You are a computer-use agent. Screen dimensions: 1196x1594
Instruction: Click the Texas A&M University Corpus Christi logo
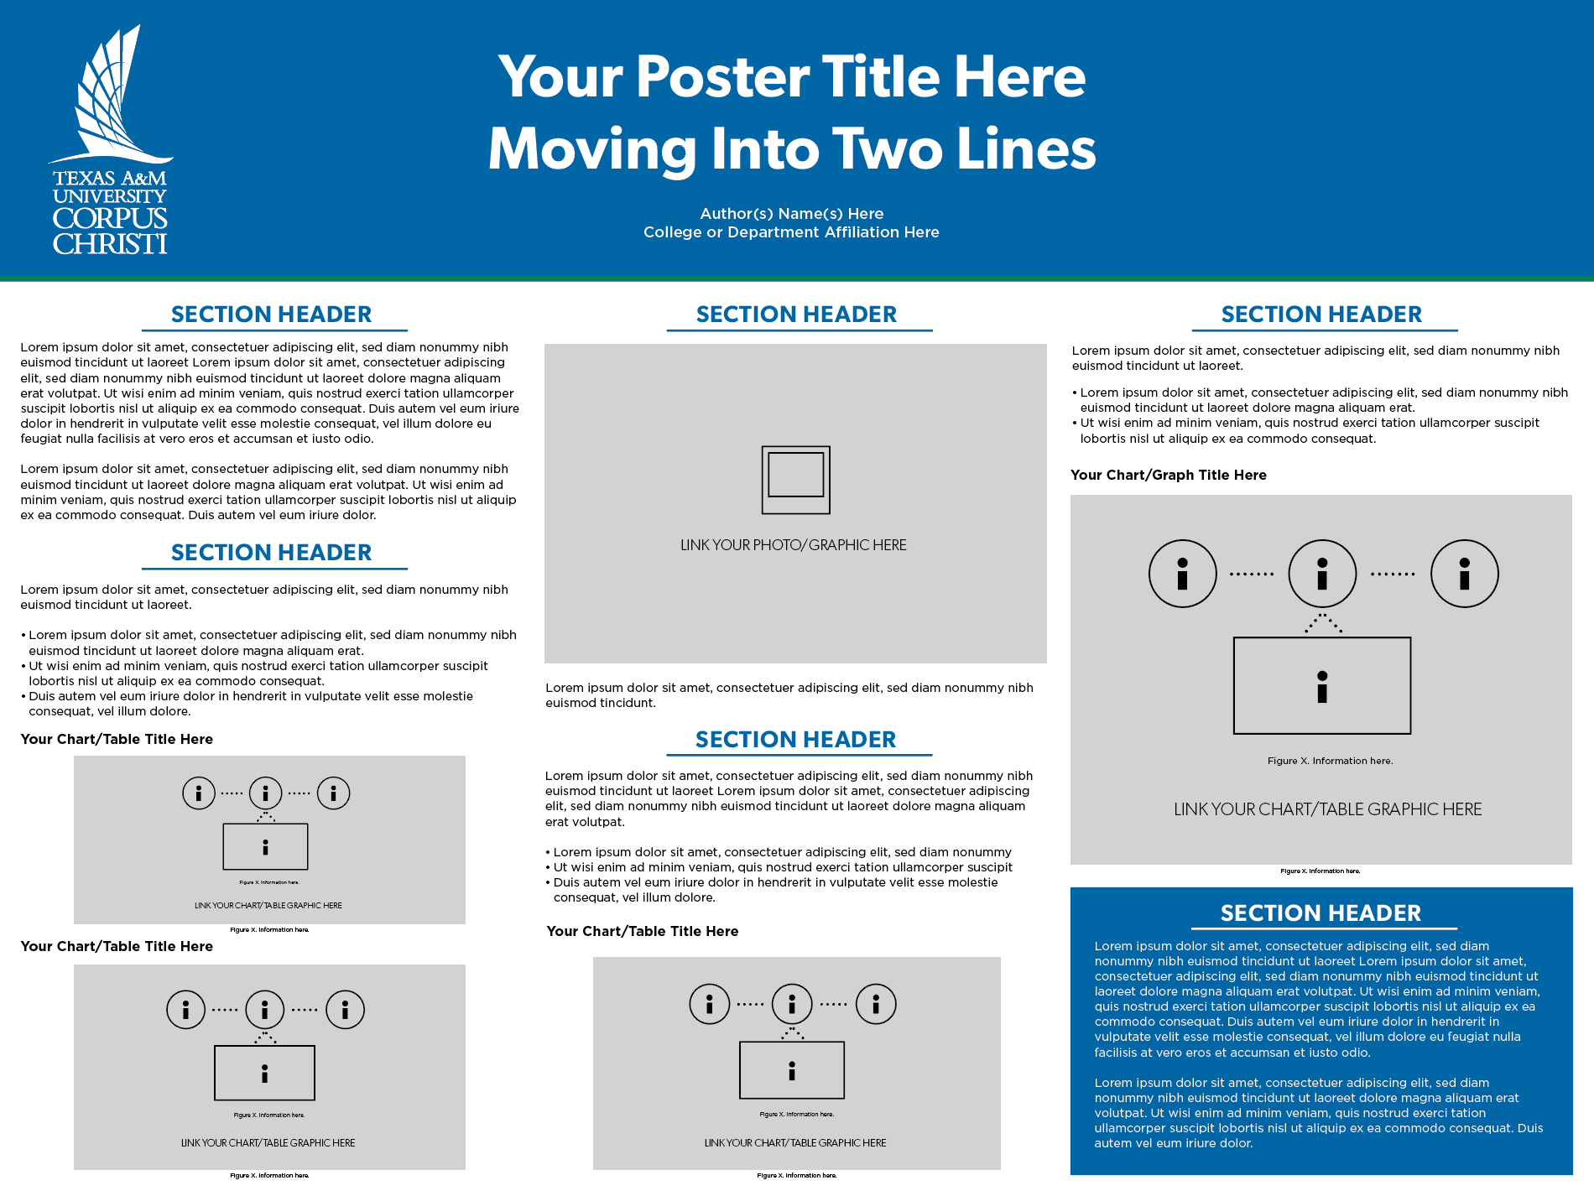[x=110, y=141]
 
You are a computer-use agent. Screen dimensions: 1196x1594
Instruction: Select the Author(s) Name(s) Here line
[x=791, y=214]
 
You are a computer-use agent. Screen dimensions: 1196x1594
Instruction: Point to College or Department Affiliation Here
[x=791, y=232]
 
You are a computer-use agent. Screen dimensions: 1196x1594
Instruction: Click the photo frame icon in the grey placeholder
[x=795, y=479]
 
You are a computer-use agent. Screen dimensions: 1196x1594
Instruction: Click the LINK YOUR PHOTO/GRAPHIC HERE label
[x=793, y=545]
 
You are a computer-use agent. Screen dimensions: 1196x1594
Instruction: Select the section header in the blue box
[x=1321, y=913]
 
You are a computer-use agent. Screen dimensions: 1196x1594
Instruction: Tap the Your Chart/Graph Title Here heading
[x=1168, y=475]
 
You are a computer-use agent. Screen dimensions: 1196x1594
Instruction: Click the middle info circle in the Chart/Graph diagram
[x=1322, y=574]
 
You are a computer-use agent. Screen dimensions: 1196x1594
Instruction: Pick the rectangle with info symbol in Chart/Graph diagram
[x=1322, y=685]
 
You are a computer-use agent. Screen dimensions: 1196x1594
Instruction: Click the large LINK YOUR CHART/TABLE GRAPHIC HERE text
[x=1327, y=809]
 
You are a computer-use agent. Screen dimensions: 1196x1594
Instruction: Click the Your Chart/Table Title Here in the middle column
[x=642, y=931]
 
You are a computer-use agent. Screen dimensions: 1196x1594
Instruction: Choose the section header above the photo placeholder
[x=796, y=315]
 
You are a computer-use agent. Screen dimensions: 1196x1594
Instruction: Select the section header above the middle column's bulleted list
[x=795, y=740]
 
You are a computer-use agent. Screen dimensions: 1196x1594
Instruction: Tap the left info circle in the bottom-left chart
[x=186, y=1010]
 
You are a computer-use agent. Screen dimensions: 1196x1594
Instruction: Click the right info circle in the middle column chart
[x=876, y=1004]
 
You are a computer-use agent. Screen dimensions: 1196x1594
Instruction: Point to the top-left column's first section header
[x=271, y=315]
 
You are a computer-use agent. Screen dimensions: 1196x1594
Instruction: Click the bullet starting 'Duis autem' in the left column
[x=250, y=704]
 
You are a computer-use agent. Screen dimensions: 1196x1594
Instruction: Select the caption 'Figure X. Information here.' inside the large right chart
[x=1330, y=761]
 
